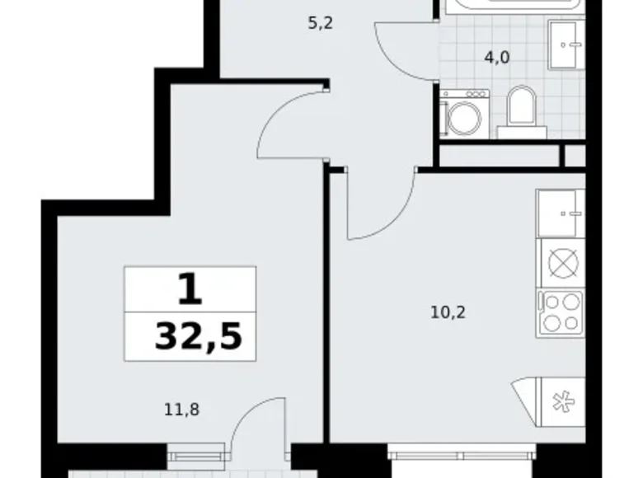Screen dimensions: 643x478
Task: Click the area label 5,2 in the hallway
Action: pyautogui.click(x=321, y=24)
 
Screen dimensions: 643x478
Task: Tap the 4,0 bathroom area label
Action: pyautogui.click(x=497, y=58)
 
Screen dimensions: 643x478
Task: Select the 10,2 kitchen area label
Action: pyautogui.click(x=448, y=313)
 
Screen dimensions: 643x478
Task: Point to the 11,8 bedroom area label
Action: pyautogui.click(x=181, y=410)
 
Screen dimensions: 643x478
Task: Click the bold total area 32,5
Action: pyautogui.click(x=199, y=336)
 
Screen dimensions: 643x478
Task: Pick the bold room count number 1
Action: pyautogui.click(x=190, y=289)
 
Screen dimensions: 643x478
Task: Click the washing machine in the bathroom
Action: pyautogui.click(x=465, y=114)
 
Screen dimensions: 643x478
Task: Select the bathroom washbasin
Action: pyautogui.click(x=566, y=45)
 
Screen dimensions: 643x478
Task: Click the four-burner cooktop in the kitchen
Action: pyautogui.click(x=561, y=313)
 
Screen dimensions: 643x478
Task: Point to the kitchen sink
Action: pyautogui.click(x=561, y=213)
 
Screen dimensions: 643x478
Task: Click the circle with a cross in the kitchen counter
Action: pyautogui.click(x=563, y=263)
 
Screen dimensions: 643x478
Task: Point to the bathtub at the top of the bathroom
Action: pyautogui.click(x=513, y=7)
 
